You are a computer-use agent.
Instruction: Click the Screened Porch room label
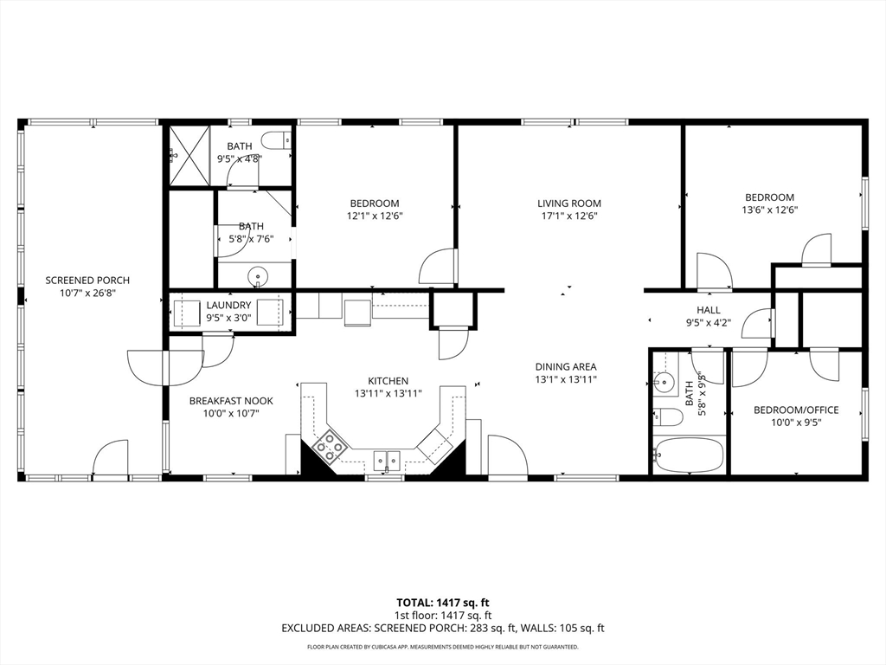87,281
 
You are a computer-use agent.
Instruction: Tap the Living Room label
569,203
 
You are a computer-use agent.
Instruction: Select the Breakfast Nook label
231,401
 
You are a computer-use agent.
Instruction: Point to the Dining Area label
566,367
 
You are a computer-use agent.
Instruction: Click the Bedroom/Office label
796,410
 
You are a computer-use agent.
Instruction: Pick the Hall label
709,310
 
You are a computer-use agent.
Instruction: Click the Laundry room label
228,306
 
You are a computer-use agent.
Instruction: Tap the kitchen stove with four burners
329,443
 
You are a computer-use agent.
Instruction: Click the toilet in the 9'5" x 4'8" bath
278,139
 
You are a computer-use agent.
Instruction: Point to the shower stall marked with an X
189,155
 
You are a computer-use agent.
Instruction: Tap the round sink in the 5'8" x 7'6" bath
258,276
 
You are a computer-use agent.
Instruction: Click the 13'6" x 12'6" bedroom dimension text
769,210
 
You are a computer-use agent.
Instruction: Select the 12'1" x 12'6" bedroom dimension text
375,216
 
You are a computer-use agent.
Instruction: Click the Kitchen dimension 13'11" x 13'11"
388,393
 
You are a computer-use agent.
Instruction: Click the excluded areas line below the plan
443,629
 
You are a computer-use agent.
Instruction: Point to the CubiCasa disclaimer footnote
443,647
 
